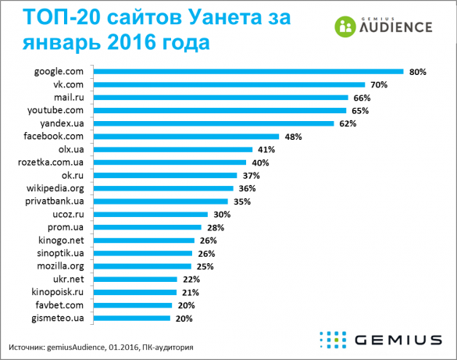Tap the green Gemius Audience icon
(x=344, y=26)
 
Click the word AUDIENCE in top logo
(x=395, y=28)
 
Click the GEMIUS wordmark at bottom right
(x=397, y=340)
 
